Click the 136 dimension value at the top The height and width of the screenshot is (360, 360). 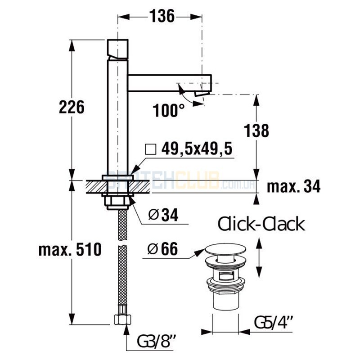point(162,16)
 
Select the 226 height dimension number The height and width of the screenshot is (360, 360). point(72,107)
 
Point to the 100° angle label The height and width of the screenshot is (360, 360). point(169,111)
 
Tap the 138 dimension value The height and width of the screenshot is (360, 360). point(256,130)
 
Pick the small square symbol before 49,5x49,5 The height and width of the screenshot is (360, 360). point(151,149)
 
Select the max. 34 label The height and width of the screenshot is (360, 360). point(294,186)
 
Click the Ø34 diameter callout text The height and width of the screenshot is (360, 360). point(163,215)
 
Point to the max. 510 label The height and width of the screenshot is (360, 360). point(70,250)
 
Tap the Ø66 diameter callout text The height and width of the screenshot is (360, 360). point(162,249)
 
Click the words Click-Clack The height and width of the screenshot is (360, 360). point(261,224)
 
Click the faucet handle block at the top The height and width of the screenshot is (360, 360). point(118,49)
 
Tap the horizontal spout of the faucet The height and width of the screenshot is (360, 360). point(170,83)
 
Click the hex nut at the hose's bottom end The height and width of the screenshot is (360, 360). point(122,319)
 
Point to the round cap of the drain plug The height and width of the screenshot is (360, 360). point(225,249)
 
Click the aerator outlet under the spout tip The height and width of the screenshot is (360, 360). point(202,94)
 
